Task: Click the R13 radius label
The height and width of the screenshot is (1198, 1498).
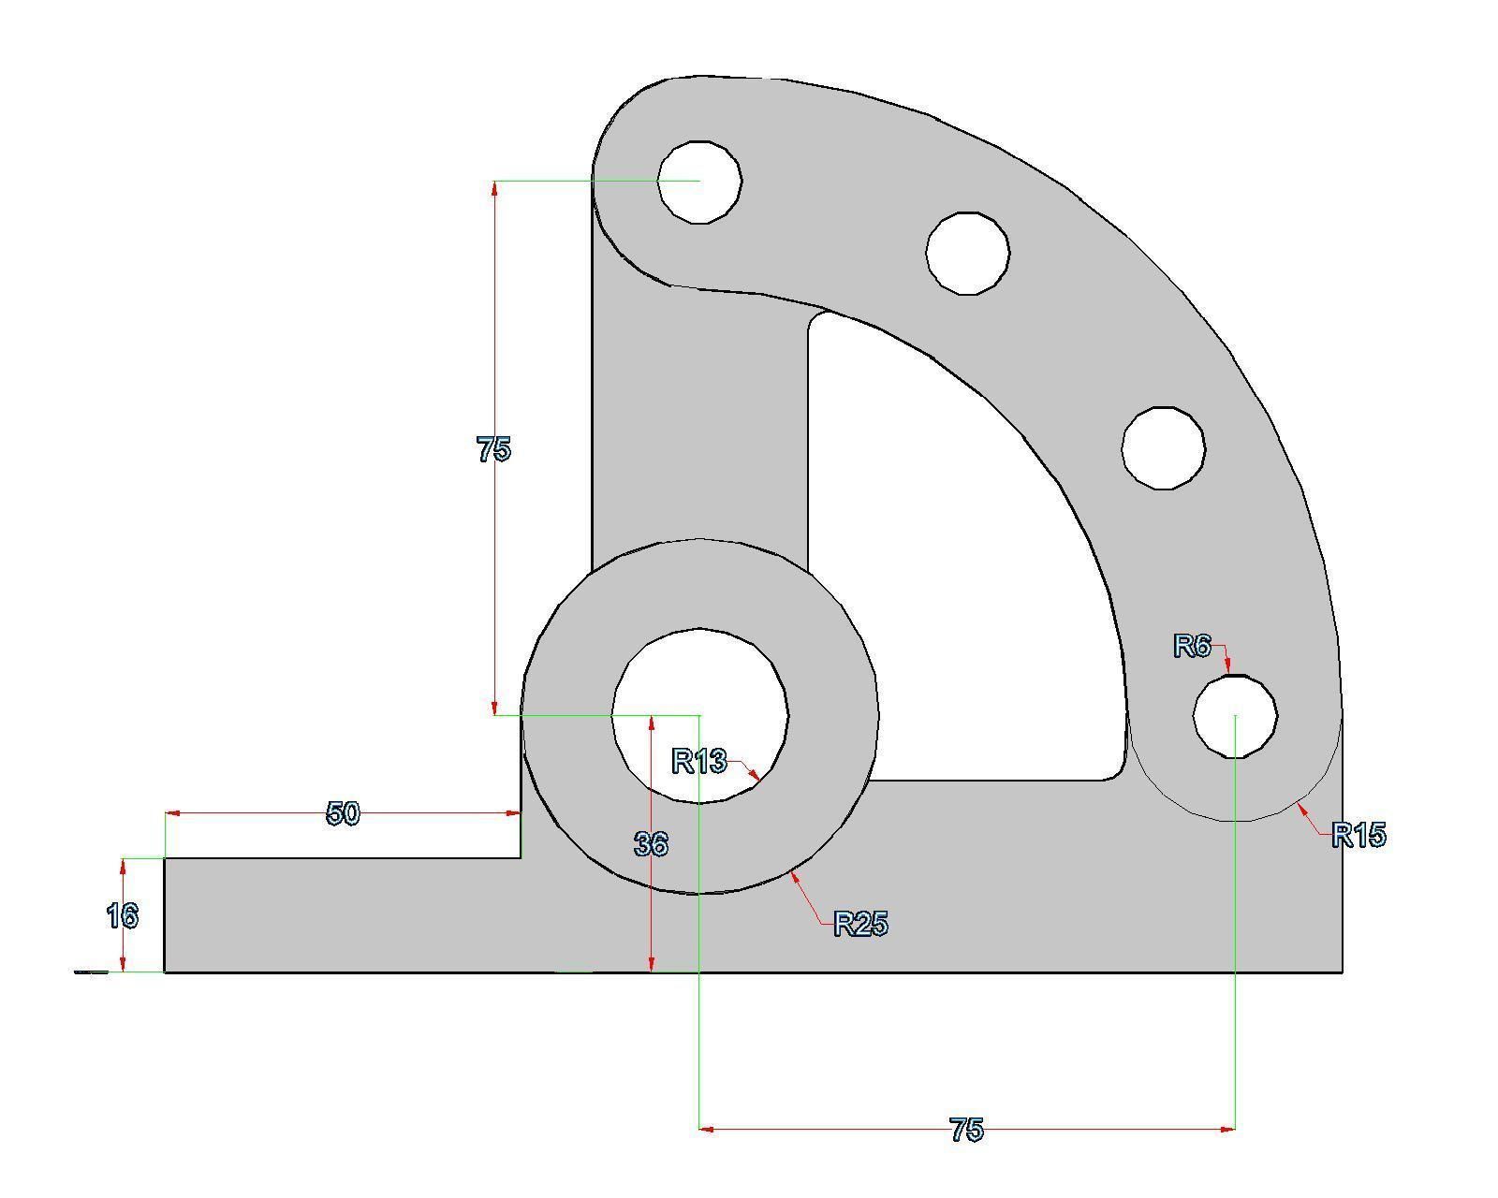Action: [x=699, y=761]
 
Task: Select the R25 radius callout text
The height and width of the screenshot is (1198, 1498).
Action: [x=860, y=924]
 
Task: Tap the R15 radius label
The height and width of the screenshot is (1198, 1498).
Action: [x=1358, y=834]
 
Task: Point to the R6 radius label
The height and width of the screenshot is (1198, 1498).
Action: [x=1193, y=646]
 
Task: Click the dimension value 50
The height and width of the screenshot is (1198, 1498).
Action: [x=343, y=813]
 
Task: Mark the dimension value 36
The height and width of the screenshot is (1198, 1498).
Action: [x=651, y=844]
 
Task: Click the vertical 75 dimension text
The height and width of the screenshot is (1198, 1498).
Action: [x=493, y=449]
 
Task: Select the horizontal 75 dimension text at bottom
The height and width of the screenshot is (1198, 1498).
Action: [x=966, y=1130]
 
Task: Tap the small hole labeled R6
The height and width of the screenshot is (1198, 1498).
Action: [x=1235, y=715]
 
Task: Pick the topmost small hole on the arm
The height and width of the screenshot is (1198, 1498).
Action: [x=699, y=182]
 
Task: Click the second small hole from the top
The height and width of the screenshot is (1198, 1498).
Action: [x=967, y=253]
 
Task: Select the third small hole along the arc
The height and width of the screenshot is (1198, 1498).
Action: [x=1163, y=447]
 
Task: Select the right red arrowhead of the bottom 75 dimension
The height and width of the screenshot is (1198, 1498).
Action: [x=1227, y=1129]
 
